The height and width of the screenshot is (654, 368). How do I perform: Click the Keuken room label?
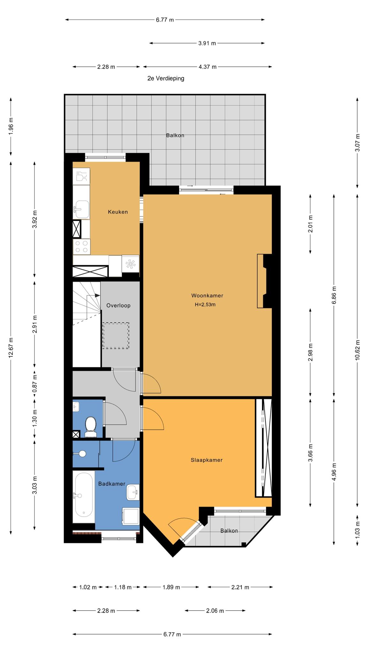(x=118, y=212)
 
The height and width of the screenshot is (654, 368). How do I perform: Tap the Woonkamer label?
(x=207, y=295)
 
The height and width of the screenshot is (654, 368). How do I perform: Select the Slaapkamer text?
(x=206, y=460)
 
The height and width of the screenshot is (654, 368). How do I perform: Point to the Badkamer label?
(x=112, y=484)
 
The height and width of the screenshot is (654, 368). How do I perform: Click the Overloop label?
(x=119, y=305)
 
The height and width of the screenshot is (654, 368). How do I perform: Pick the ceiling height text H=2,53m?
(x=205, y=304)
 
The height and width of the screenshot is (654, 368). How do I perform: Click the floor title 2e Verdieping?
(x=166, y=78)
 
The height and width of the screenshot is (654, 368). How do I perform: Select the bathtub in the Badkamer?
(x=84, y=496)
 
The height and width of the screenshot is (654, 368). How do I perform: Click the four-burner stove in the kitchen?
(x=81, y=247)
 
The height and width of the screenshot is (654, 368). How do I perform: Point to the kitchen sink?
(x=81, y=209)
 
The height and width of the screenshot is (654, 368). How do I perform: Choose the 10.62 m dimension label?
(x=357, y=350)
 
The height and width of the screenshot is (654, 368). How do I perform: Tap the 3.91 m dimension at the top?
(x=207, y=43)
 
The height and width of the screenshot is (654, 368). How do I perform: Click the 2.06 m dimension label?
(x=215, y=611)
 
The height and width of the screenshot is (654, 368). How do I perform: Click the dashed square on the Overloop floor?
(x=116, y=335)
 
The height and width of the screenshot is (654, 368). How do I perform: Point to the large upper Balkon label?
(x=175, y=135)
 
